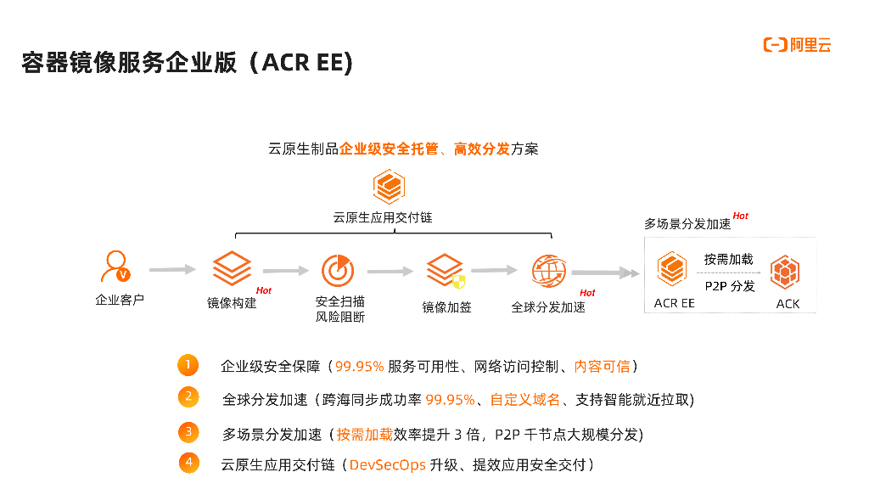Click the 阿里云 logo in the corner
(x=797, y=46)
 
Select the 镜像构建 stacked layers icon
(x=232, y=269)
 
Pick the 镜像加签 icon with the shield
(x=446, y=271)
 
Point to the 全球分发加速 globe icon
(x=548, y=271)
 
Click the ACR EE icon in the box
(x=673, y=271)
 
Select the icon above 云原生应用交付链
(x=389, y=187)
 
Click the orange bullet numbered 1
(x=188, y=365)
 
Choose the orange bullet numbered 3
(x=188, y=432)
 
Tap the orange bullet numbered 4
(x=189, y=463)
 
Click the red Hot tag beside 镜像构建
(x=264, y=290)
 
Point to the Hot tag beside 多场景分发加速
(x=741, y=216)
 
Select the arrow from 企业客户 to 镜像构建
(x=172, y=269)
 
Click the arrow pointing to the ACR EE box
(x=606, y=273)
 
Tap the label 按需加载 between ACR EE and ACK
(x=728, y=259)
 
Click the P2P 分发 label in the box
(x=729, y=286)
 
